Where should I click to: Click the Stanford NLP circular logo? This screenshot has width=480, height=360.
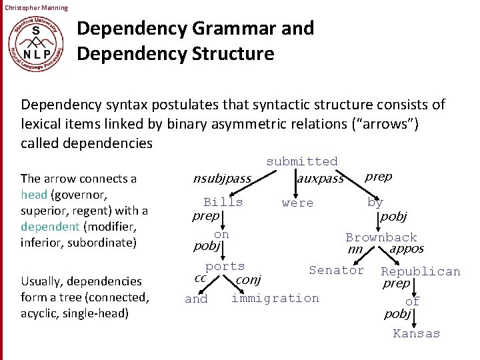(37, 42)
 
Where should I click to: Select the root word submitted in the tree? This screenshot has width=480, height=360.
(302, 161)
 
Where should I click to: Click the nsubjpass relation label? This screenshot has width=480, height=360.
(221, 179)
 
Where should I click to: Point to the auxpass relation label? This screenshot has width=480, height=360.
(320, 179)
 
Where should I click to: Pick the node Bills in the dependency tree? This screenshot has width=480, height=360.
(223, 202)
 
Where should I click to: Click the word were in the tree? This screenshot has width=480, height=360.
(297, 203)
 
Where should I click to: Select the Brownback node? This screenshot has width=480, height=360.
(381, 237)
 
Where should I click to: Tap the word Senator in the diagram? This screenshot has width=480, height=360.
(337, 270)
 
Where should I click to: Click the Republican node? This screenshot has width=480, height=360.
(420, 271)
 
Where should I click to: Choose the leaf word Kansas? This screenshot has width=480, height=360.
(416, 333)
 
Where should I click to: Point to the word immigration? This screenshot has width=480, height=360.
(275, 298)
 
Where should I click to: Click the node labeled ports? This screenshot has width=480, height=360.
(225, 267)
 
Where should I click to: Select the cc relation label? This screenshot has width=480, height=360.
(199, 277)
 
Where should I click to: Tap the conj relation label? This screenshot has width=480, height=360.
(249, 280)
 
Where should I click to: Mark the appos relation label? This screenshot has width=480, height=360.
(407, 249)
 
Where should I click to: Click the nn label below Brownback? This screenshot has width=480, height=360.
(355, 250)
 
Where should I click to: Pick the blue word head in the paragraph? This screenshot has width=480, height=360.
(33, 195)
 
